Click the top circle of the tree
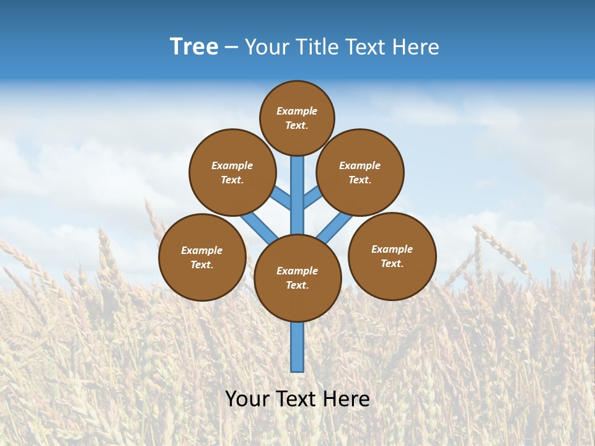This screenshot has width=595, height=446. coord(297,118)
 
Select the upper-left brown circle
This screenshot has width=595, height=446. coord(232,172)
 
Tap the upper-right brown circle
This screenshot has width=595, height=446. coord(360,172)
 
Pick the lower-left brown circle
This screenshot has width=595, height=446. coord(202,257)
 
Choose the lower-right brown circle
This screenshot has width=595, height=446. coord(392,256)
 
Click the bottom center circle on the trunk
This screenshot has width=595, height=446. coord(297,278)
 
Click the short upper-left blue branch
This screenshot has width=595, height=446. coord(282,198)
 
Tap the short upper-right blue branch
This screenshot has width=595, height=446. coord(312,198)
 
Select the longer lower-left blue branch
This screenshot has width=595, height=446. coord(258,227)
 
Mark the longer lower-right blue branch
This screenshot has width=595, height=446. coord(335,227)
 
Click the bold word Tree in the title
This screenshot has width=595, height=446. coord(194,46)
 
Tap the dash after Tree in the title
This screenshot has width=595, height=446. coord(231,47)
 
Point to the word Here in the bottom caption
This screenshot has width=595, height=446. coord(347,399)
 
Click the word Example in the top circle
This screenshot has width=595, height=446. coord(297,111)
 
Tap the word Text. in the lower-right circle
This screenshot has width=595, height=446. coord(392,263)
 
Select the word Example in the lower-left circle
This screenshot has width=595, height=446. coord(202,250)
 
